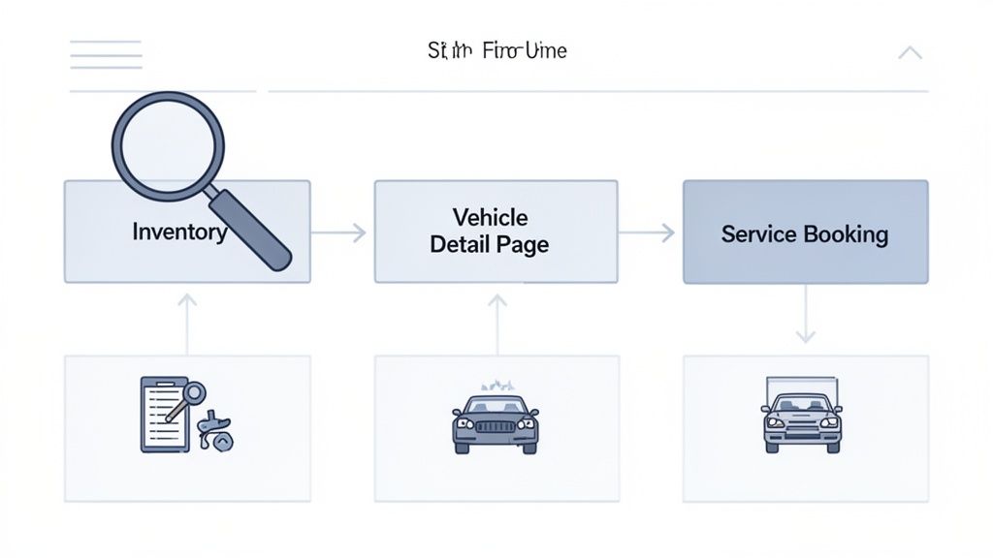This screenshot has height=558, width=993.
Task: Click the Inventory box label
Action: tap(179, 232)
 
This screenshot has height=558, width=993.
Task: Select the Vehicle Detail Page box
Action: tap(496, 231)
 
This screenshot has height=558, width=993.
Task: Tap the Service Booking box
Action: tap(805, 232)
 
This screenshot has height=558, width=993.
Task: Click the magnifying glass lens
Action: tap(168, 146)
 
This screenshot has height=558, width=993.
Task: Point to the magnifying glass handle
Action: tap(250, 231)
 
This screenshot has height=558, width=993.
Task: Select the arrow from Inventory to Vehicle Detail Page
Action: tap(339, 232)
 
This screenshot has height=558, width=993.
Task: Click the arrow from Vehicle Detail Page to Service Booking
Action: tap(647, 232)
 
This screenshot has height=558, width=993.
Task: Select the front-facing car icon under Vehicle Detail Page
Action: tap(496, 421)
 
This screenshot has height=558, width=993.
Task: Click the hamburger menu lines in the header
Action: tap(106, 54)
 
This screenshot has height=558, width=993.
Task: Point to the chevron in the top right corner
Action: tap(910, 52)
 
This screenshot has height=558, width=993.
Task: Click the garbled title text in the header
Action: tap(496, 50)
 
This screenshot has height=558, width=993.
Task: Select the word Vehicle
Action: tap(490, 217)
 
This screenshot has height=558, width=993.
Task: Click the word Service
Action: tap(758, 234)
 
